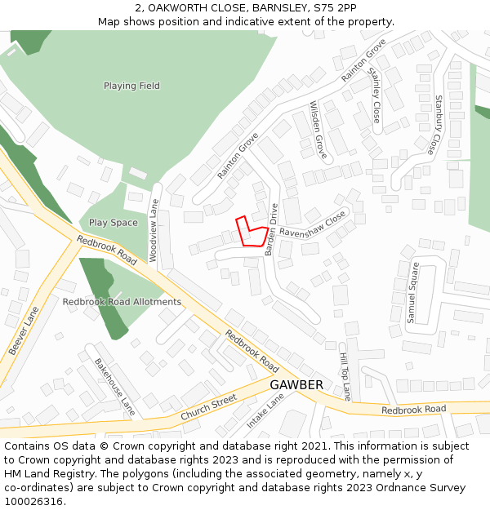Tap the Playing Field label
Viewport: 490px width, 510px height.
tap(131, 86)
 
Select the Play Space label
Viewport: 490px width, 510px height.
tap(114, 223)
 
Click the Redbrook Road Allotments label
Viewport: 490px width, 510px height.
tap(122, 302)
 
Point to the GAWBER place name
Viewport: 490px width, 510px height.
tap(296, 384)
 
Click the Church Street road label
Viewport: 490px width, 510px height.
tap(208, 408)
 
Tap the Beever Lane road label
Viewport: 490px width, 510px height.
tap(24, 330)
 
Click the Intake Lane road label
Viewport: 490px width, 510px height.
tap(265, 410)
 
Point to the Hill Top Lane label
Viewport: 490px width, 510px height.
tap(345, 370)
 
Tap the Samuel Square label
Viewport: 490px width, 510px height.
tap(413, 292)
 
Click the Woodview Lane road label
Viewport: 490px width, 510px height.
tap(154, 230)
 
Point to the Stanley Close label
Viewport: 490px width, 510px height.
tap(375, 95)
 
